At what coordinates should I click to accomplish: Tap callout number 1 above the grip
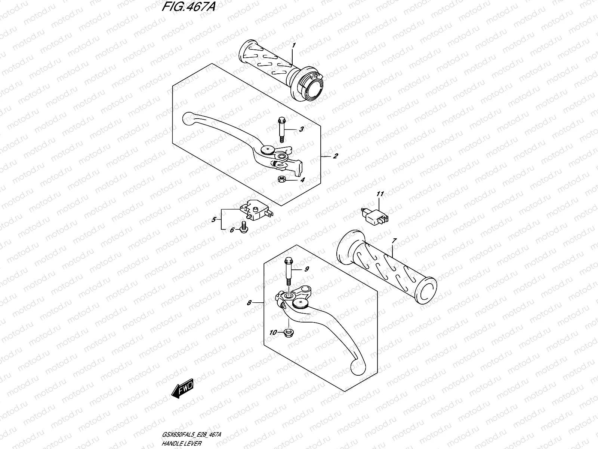294,45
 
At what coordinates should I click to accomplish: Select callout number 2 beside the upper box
335,156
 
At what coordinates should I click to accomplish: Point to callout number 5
214,220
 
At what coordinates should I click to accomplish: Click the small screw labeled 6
243,226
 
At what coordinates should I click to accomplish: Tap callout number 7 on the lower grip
394,241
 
